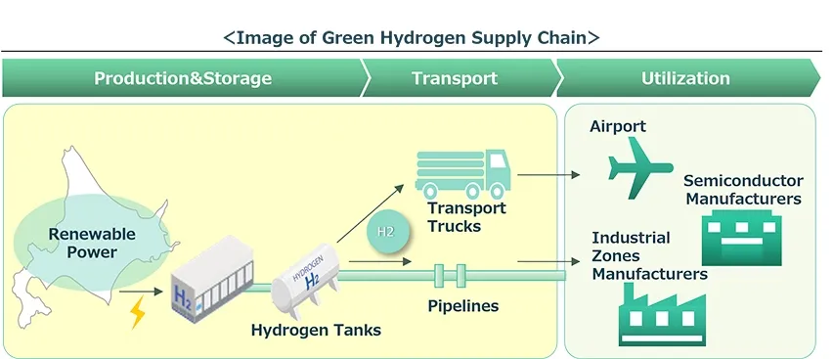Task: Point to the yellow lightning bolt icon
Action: pos(138,312)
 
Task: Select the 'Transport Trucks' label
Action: pos(466,217)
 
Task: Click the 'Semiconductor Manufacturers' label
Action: pos(743,190)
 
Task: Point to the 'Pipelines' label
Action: pos(462,306)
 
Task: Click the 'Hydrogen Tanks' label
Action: pos(316,330)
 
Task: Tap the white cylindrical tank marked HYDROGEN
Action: pos(306,276)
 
